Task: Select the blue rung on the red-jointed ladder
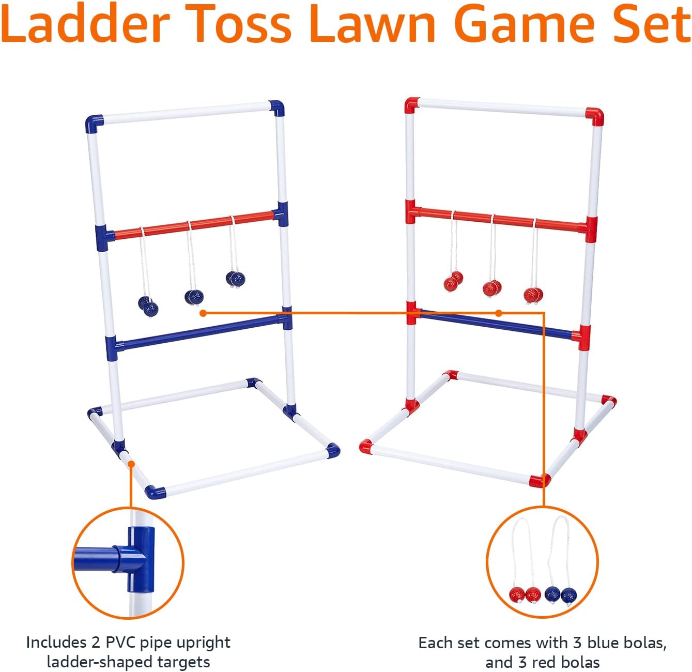(x=496, y=324)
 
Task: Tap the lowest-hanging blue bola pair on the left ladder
(x=148, y=306)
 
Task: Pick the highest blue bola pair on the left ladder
(x=236, y=279)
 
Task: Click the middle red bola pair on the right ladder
(x=491, y=287)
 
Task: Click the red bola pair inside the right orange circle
(x=525, y=594)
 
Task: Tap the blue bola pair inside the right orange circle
(x=560, y=594)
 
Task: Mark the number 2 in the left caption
(x=96, y=643)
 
